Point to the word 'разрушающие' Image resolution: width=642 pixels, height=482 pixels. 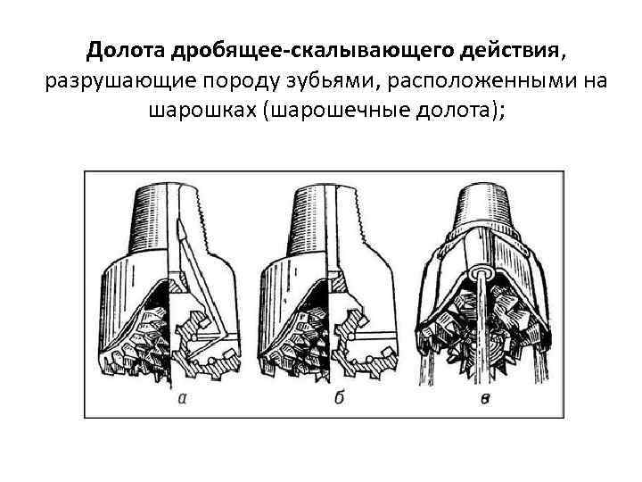[106, 81]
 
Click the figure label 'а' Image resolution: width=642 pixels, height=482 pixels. [183, 398]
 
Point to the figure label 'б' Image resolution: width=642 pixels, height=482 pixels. [339, 398]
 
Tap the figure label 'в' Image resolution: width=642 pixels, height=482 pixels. [485, 399]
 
